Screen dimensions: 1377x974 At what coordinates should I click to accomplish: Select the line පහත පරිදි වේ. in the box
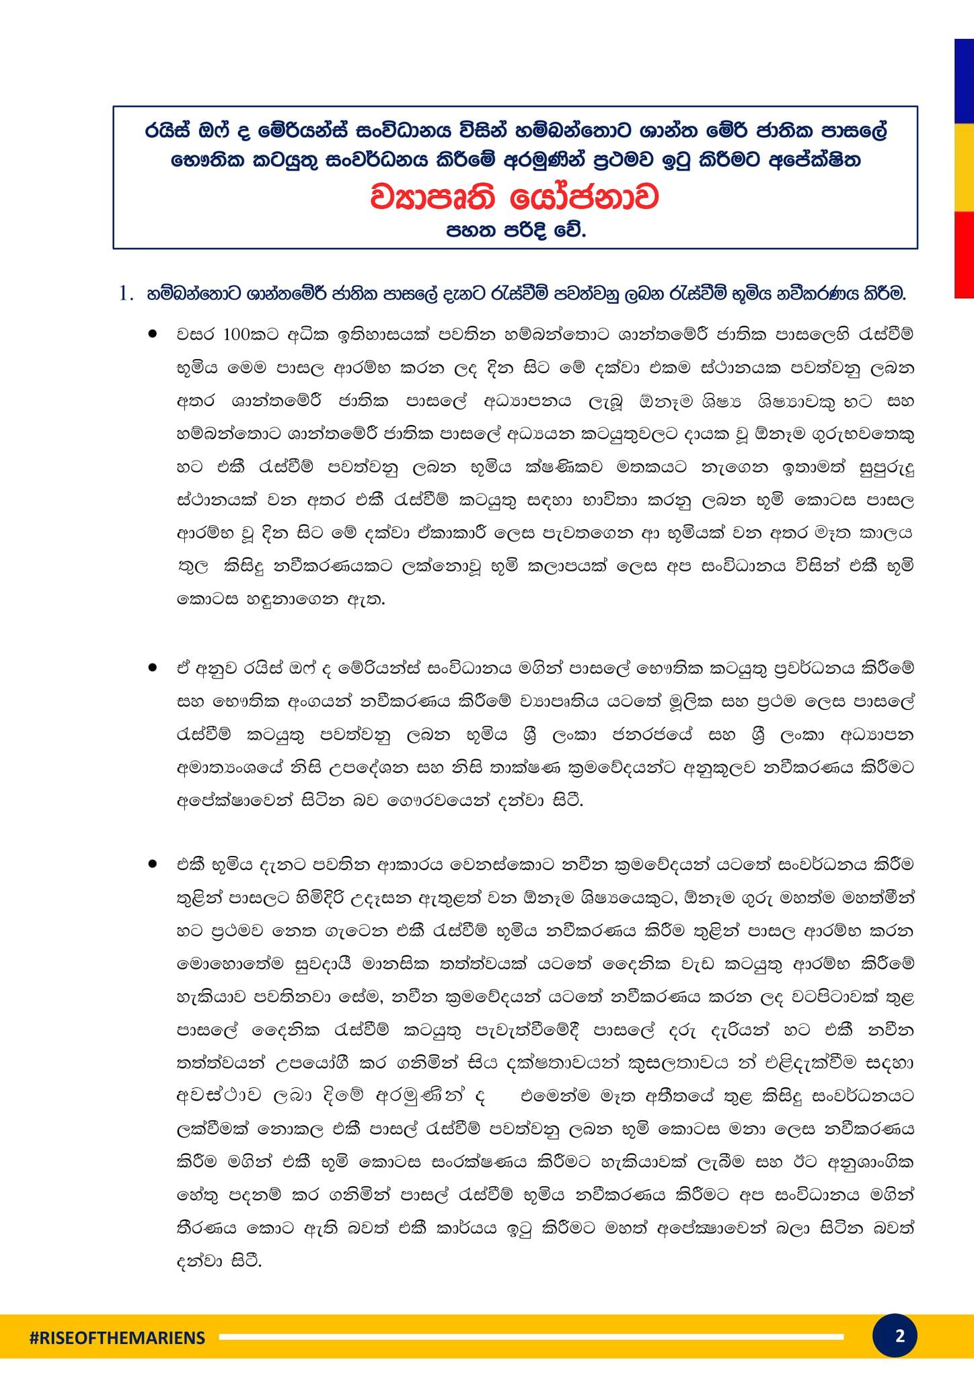pyautogui.click(x=515, y=231)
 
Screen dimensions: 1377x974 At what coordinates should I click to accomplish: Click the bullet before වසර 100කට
pyautogui.click(x=153, y=333)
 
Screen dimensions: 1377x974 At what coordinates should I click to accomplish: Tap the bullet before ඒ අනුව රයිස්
pyautogui.click(x=153, y=668)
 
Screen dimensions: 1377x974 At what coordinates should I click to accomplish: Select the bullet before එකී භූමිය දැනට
pyautogui.click(x=153, y=864)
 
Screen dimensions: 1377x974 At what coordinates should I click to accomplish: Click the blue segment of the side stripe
pyautogui.click(x=964, y=81)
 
